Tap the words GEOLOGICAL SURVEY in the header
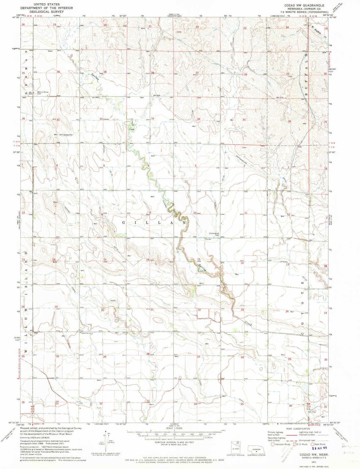point(47,11)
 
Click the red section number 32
point(101,119)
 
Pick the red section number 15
point(199,259)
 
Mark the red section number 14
point(242,263)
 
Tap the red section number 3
point(195,165)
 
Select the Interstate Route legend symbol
point(273,444)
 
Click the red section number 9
point(150,212)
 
